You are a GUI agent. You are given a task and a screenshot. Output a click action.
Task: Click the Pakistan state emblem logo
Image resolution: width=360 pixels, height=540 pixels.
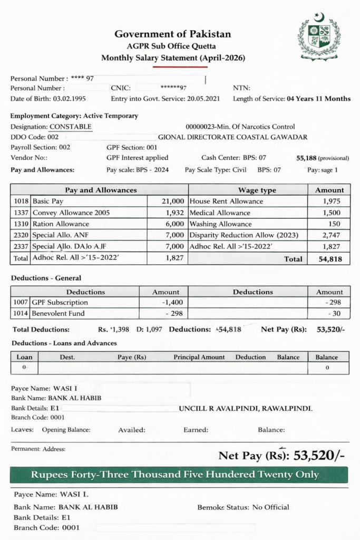point(319,38)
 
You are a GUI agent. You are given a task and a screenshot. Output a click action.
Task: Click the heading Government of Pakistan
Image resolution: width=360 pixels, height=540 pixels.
point(173,34)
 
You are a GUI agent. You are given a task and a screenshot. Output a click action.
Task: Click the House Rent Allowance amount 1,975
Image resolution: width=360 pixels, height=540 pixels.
point(332,201)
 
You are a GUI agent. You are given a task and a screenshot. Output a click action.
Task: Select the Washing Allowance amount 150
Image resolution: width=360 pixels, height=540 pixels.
point(335,224)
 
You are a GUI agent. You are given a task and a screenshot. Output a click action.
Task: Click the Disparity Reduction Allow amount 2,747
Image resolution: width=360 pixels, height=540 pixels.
point(332,235)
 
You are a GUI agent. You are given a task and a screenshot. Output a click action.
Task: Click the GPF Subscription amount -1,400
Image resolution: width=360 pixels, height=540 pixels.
point(170,303)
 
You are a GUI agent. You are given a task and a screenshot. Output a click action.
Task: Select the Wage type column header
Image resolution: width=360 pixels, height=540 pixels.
point(257,190)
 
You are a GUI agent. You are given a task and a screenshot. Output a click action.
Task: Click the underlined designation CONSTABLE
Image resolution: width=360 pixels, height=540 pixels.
point(70,127)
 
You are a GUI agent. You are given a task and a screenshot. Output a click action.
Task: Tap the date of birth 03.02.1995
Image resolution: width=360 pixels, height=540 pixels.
point(69,99)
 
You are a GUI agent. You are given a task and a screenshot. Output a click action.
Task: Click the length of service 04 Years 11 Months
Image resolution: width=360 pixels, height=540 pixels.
point(318,99)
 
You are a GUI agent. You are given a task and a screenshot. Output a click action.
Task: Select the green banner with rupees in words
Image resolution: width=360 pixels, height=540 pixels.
point(179,475)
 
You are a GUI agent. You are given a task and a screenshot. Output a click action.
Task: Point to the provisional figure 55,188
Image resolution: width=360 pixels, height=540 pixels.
point(308,158)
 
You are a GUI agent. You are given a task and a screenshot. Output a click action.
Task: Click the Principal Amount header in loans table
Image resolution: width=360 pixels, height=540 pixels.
point(199,357)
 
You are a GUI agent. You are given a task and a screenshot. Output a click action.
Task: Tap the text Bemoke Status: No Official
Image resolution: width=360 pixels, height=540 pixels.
point(243,507)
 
